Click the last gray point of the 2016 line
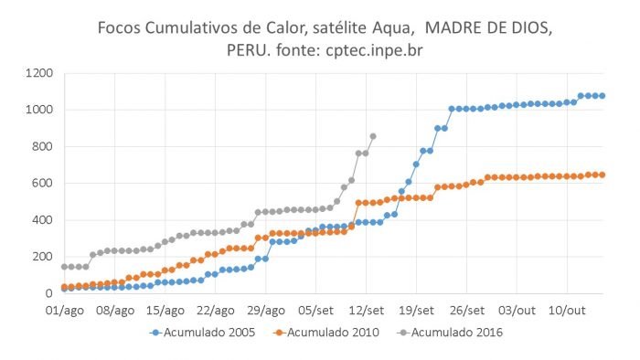click(x=373, y=136)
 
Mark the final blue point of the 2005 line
click(x=603, y=96)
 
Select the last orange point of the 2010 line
click(x=603, y=175)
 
